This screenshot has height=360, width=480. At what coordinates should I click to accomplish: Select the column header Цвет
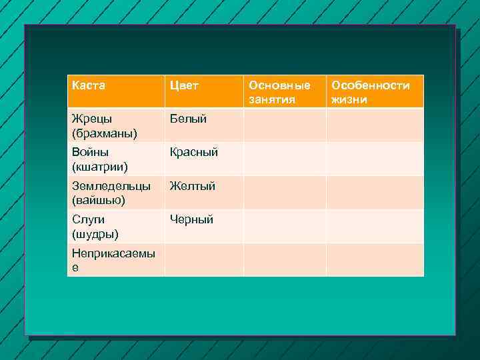click(184, 86)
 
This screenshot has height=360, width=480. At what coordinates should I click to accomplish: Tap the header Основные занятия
click(279, 93)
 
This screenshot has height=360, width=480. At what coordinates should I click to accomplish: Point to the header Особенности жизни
click(371, 93)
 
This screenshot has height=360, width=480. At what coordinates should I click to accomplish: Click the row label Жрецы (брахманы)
click(105, 126)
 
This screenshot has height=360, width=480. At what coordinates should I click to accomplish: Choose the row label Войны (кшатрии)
click(99, 159)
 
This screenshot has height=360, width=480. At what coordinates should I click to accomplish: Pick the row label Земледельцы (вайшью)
click(111, 193)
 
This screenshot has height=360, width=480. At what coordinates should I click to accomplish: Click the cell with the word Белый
click(188, 119)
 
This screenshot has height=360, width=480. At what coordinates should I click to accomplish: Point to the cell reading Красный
click(194, 153)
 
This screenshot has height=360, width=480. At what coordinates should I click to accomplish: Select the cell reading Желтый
click(193, 186)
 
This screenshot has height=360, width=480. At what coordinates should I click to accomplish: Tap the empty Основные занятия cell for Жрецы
click(285, 125)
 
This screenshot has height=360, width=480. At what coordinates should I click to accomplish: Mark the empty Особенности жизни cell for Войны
click(375, 159)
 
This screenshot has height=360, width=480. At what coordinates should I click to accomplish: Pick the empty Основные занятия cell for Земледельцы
click(285, 193)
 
